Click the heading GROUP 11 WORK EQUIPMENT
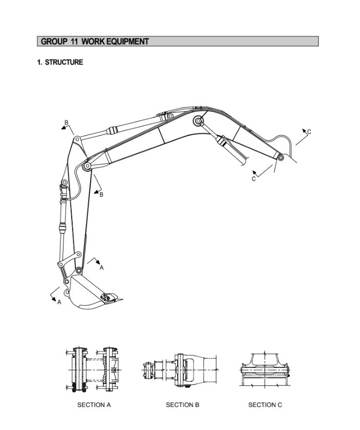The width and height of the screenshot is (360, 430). (x=95, y=42)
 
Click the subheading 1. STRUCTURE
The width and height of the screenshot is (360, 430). (x=60, y=63)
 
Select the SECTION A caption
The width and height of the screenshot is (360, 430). (x=94, y=405)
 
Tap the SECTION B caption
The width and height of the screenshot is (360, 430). (x=182, y=405)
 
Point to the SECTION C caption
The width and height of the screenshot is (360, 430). (x=265, y=405)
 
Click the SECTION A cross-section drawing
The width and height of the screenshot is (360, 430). (x=93, y=370)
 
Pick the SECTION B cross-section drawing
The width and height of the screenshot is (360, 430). (x=181, y=370)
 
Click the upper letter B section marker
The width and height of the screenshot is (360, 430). (x=66, y=122)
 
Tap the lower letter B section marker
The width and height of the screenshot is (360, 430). (x=101, y=194)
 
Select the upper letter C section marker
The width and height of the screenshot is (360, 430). (x=309, y=132)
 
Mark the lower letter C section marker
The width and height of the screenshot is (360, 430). (x=253, y=179)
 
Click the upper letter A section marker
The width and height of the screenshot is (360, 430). (x=101, y=268)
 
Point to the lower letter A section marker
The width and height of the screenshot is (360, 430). (x=59, y=302)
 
